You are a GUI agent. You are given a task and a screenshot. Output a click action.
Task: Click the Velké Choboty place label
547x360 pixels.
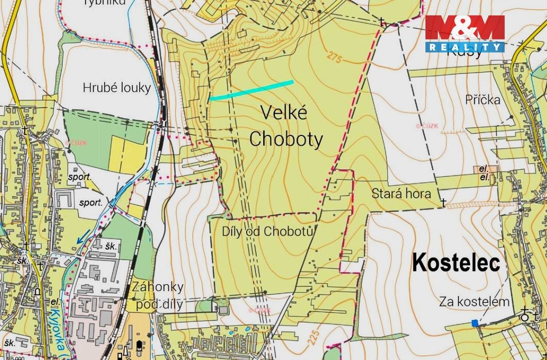pos(286,126)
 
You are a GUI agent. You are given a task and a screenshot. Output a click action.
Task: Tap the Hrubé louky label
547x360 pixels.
pos(117,88)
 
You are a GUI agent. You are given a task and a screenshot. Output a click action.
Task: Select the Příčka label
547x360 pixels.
pos(483,99)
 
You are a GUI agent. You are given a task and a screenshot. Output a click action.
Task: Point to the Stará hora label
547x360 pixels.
pos(401,194)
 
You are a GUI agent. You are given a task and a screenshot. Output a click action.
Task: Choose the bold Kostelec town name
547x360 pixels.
pos(456,263)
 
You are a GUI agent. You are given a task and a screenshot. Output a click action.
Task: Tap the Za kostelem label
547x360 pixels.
pos(474,302)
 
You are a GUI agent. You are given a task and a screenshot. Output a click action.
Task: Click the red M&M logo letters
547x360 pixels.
pos(465,29)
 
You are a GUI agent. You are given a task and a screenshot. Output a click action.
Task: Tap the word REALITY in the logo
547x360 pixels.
pos(465,47)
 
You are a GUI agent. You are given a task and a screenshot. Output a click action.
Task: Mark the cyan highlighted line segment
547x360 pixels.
pos(251,90)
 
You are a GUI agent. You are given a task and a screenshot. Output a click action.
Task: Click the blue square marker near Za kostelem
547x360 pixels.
pos(474,323)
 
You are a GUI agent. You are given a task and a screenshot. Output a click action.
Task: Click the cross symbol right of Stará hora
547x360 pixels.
pos(443,203)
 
